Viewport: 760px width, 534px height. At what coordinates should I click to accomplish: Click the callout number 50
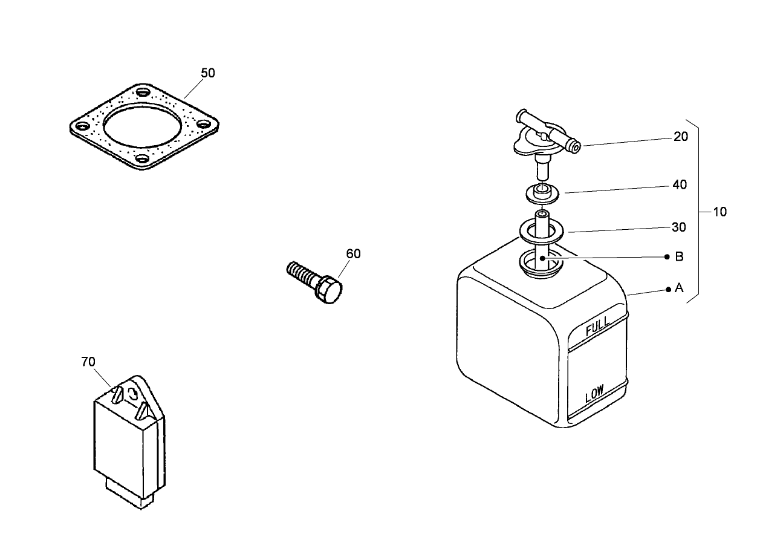(207, 73)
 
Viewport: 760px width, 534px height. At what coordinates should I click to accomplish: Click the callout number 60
(353, 254)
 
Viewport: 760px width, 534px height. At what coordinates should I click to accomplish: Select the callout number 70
(88, 362)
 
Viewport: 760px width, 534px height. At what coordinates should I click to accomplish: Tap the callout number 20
(680, 137)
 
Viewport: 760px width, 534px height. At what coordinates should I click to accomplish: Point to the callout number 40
(680, 185)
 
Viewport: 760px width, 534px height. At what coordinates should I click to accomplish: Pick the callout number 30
(678, 227)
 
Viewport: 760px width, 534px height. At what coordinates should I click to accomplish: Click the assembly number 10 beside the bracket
(719, 212)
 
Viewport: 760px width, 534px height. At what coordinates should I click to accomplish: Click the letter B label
(679, 257)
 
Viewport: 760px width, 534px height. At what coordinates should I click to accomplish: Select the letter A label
(679, 288)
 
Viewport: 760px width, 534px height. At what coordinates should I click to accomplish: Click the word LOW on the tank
(594, 395)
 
